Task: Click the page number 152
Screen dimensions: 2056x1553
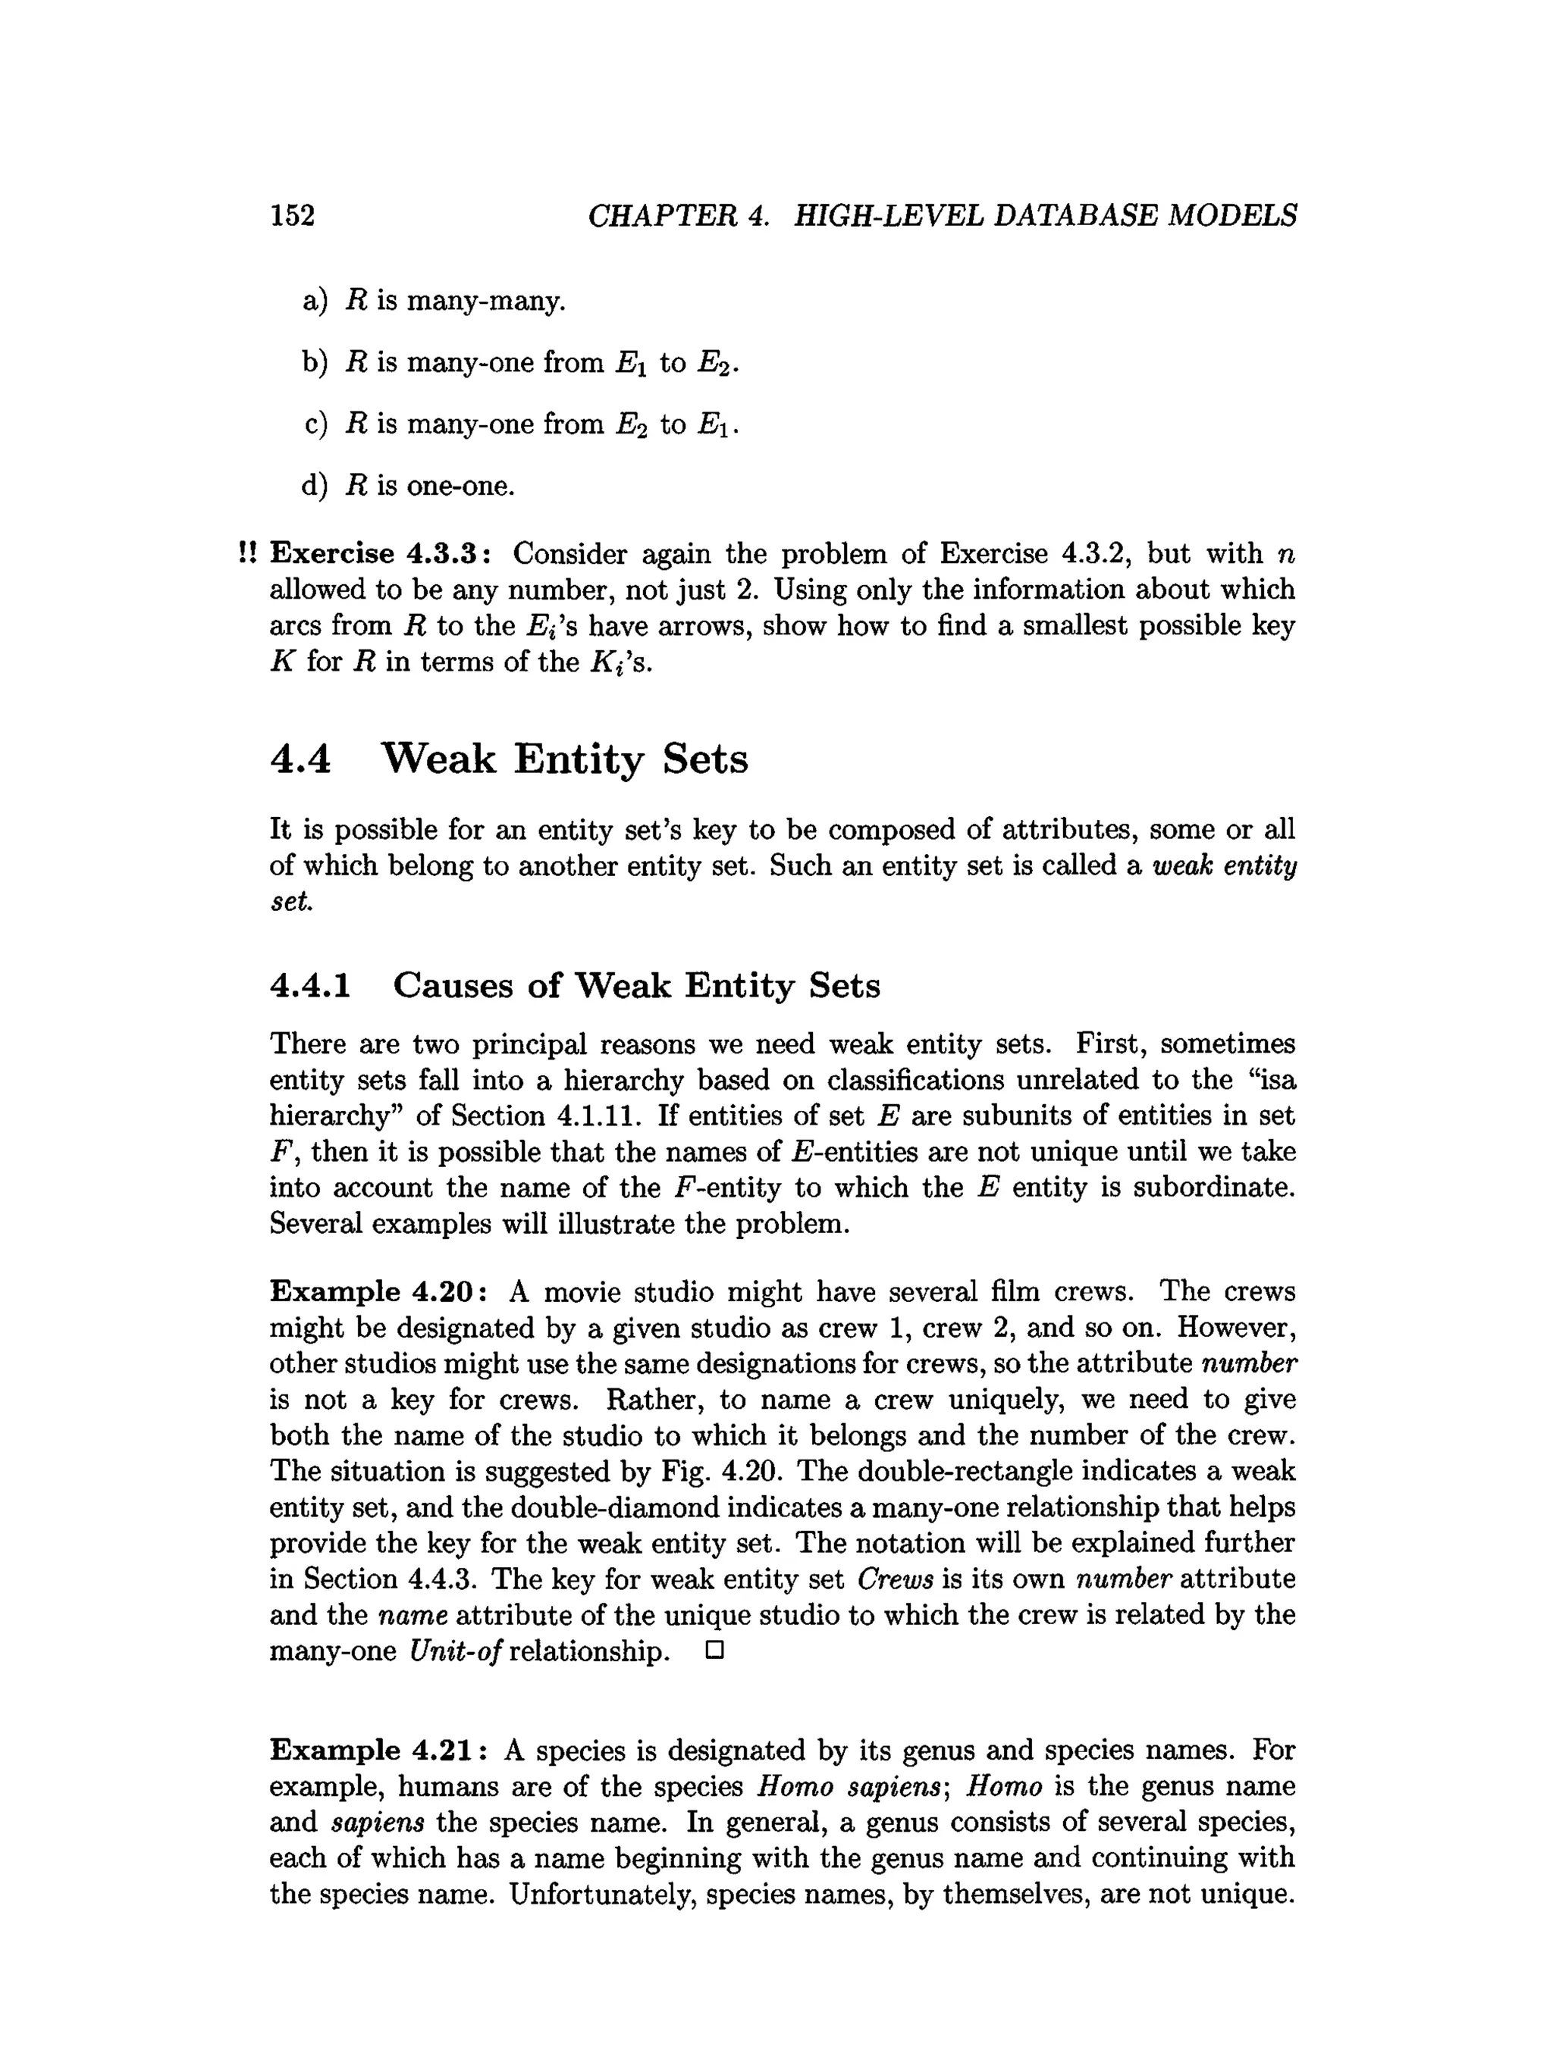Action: (x=292, y=216)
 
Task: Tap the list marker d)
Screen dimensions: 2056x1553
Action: (x=315, y=485)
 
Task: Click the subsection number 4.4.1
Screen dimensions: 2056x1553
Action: (x=311, y=984)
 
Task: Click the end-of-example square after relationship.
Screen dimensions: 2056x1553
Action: (x=714, y=1651)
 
